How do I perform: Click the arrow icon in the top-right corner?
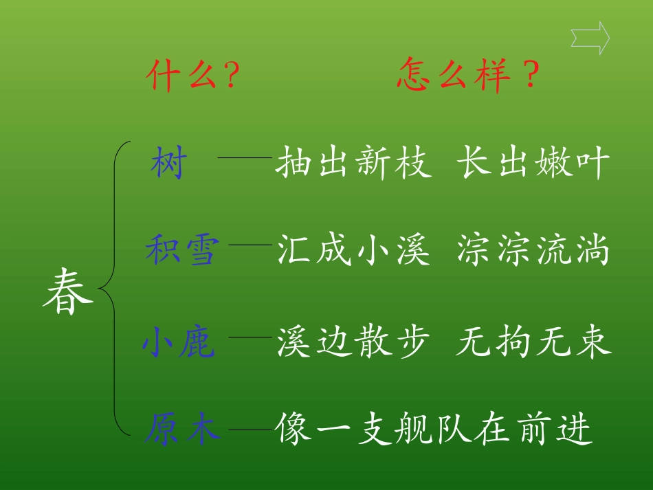[x=590, y=38]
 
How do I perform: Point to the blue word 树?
[x=168, y=165]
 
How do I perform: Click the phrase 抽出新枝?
[x=354, y=165]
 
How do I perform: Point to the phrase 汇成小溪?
[x=354, y=251]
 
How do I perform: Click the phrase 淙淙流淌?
[x=533, y=251]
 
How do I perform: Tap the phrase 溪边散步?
[x=354, y=343]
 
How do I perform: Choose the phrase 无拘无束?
[x=533, y=343]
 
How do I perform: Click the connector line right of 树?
[x=245, y=157]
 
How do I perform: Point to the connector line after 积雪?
[x=250, y=243]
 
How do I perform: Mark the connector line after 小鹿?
[x=250, y=337]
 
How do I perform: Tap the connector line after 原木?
[x=250, y=430]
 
